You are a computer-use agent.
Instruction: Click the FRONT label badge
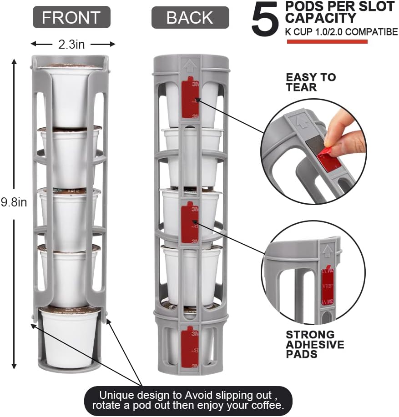(71, 17)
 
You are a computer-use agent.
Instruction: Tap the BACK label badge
(190, 17)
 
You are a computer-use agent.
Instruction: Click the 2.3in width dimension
(72, 44)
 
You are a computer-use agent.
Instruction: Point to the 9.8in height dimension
(14, 202)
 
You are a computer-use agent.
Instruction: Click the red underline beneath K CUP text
(327, 41)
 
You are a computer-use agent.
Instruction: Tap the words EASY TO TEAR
(311, 82)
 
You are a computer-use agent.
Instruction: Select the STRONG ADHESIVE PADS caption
(315, 344)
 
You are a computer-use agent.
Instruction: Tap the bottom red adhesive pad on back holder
(190, 347)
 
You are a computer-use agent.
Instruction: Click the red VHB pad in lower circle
(327, 286)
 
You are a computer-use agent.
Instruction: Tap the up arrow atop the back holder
(188, 65)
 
